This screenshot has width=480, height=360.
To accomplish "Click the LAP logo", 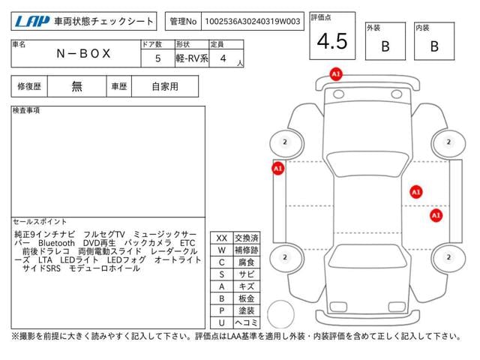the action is click(x=31, y=22).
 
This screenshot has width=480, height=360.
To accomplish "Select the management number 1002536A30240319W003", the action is click(x=253, y=22).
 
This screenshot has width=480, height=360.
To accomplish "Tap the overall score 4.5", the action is click(x=332, y=41).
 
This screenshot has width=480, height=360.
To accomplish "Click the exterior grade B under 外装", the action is click(x=385, y=46).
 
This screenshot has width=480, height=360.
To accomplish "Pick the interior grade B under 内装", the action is click(x=434, y=46).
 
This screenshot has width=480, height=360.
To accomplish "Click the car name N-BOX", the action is click(x=83, y=53).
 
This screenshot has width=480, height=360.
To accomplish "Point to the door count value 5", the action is click(x=157, y=58).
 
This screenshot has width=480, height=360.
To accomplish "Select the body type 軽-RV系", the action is click(x=192, y=58).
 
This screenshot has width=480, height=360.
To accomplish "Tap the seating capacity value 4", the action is click(x=223, y=58).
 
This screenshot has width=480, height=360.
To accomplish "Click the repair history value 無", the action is click(x=76, y=86).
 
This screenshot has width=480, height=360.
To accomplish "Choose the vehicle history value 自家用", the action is click(x=165, y=87).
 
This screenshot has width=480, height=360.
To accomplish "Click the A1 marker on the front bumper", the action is click(x=336, y=74).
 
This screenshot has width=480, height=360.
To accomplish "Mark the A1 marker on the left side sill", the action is click(x=278, y=169).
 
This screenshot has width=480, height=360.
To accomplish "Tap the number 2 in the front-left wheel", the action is click(x=285, y=142).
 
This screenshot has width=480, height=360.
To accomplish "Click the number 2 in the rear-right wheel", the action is click(x=448, y=257).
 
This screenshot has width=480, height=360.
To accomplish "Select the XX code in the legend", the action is click(x=222, y=238).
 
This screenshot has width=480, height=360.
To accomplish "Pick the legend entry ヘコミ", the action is click(x=247, y=322).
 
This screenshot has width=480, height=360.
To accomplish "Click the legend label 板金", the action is click(x=247, y=298).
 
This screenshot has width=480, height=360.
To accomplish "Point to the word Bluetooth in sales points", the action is click(x=57, y=243).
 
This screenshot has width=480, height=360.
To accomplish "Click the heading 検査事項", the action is click(x=26, y=110).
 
